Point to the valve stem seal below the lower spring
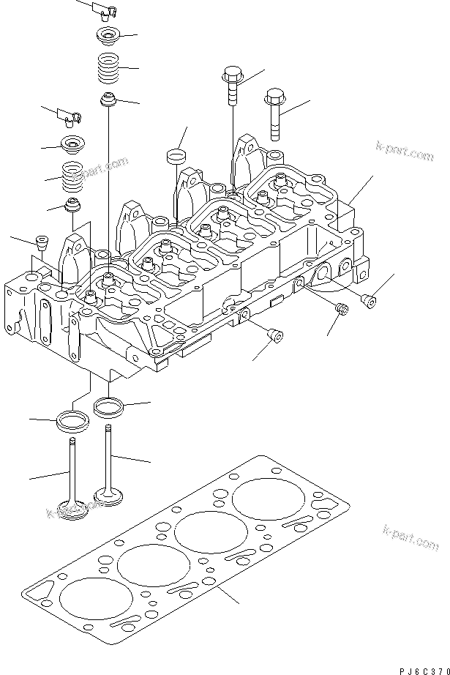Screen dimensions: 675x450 tap(72, 206)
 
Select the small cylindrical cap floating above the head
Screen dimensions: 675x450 tap(176, 155)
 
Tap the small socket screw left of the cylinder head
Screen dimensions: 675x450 tap(42, 242)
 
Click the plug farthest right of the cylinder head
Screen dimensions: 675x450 tap(369, 300)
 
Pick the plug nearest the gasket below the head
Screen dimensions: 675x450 tap(276, 336)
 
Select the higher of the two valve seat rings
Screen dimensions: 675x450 tap(108, 404)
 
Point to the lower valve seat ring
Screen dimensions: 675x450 tap(72, 421)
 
